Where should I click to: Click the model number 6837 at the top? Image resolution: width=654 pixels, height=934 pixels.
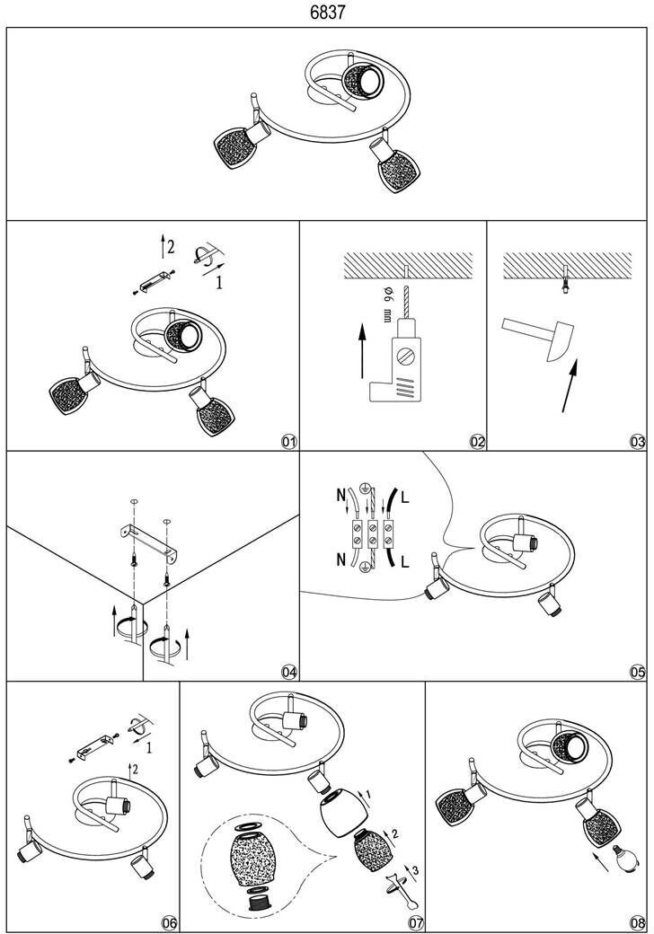pos(327,13)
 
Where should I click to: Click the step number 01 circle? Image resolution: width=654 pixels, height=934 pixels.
pos(288,442)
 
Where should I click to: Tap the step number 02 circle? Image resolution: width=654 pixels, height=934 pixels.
pos(477,442)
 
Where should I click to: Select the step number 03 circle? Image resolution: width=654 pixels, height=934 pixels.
pos(638,442)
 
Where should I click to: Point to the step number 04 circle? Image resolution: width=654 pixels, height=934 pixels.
pos(288,672)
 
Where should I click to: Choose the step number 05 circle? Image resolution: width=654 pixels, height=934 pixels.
pos(638,672)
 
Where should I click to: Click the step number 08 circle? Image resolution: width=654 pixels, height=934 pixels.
pos(638,923)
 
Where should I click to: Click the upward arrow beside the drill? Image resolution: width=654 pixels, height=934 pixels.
pos(361,349)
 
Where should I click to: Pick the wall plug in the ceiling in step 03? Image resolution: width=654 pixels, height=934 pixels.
pos(564,280)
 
